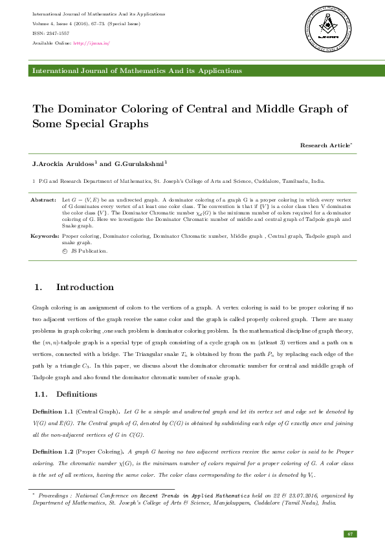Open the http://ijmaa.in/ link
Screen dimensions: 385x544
(x=92, y=43)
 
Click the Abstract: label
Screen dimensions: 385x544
(x=43, y=200)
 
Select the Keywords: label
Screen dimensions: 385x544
(x=45, y=236)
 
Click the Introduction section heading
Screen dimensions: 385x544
(x=85, y=287)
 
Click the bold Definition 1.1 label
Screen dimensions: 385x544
(x=52, y=412)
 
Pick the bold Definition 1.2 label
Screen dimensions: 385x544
(x=52, y=452)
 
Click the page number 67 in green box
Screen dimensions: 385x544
(x=350, y=534)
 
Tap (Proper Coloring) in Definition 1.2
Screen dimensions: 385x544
(x=100, y=452)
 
